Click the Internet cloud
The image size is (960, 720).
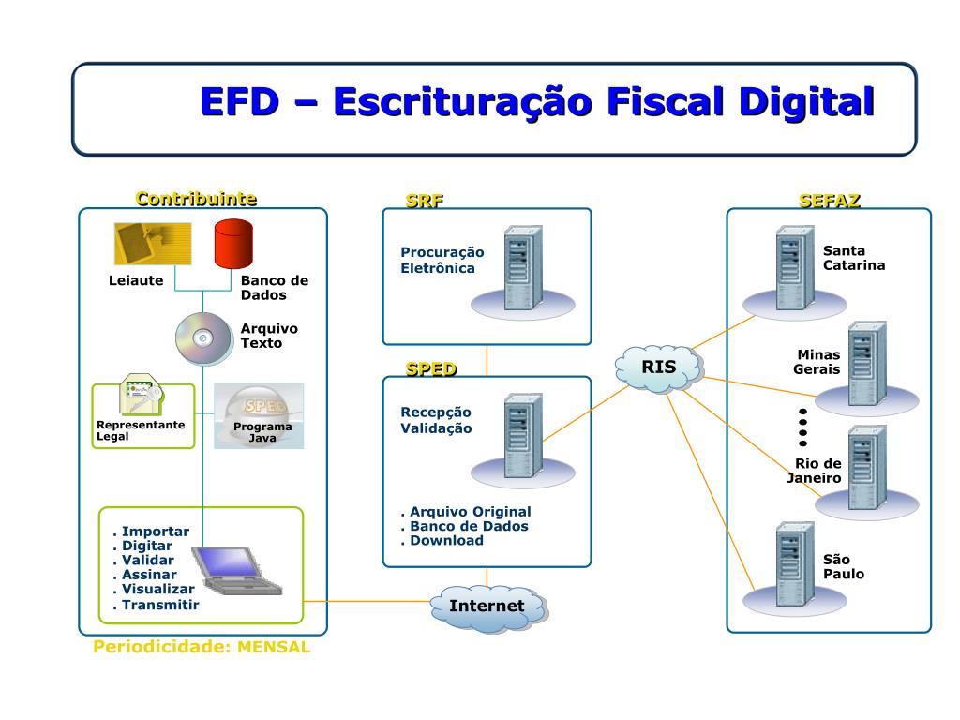(x=487, y=606)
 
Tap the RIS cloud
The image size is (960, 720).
(x=659, y=367)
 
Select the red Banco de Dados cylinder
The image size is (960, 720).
(x=233, y=243)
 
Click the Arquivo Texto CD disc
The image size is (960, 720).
(x=202, y=338)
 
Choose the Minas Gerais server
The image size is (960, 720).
(x=865, y=364)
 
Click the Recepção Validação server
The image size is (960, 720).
(x=522, y=436)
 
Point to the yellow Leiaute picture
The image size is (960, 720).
(x=153, y=243)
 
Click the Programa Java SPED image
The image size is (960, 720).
(x=259, y=415)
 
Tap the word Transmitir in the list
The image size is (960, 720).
(x=160, y=605)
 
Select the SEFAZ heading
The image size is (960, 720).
(x=829, y=200)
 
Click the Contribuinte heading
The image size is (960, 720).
(x=196, y=199)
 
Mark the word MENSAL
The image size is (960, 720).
(x=273, y=648)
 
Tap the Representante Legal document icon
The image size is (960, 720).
(x=142, y=397)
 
